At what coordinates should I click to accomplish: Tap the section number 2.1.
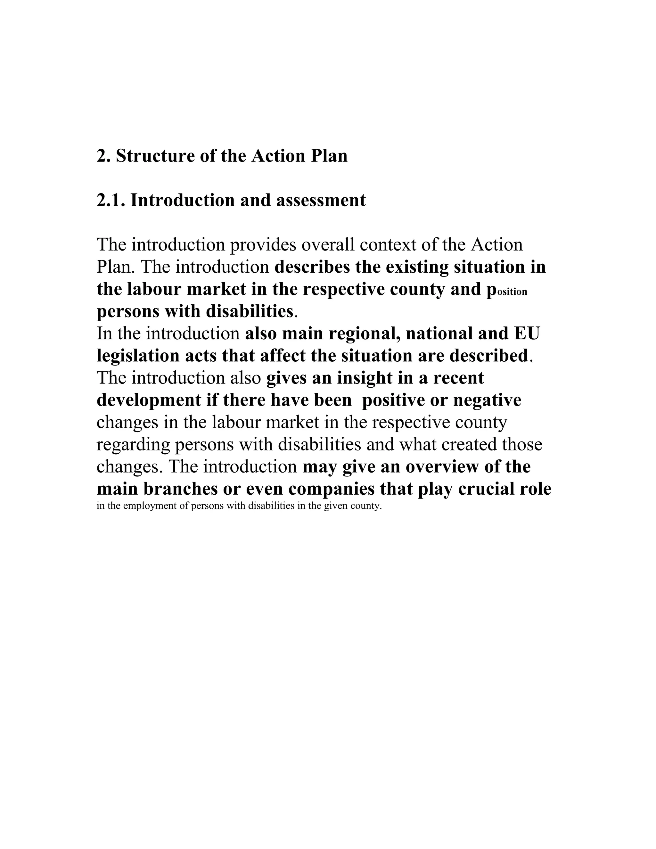111,201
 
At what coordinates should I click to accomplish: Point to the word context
389,245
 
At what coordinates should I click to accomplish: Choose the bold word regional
363,334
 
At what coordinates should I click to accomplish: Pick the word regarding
133,445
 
